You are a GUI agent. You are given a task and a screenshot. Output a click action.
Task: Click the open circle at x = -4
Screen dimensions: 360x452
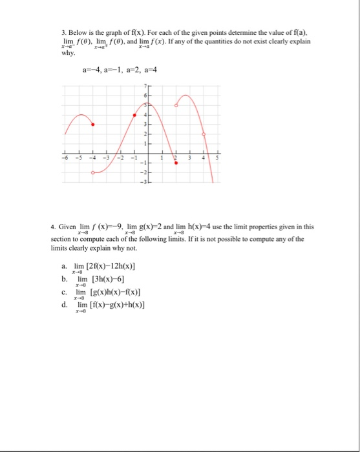pos(94,172)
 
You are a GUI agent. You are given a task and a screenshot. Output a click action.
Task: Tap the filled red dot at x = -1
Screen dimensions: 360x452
pos(135,115)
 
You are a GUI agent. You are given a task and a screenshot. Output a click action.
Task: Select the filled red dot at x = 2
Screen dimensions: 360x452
pos(177,164)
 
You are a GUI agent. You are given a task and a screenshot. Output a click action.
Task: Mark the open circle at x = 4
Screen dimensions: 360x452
pos(205,134)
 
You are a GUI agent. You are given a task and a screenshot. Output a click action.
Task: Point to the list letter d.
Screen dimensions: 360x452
pos(65,305)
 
